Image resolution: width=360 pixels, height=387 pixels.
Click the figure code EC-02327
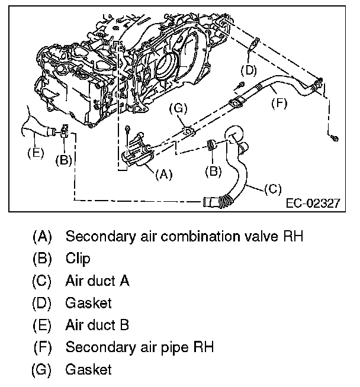312,203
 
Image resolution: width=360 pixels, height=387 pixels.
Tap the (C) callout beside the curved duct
271,189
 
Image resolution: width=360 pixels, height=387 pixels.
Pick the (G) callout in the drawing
178,108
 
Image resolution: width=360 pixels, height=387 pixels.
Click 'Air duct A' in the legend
97,280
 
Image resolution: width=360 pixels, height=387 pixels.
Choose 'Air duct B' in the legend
97,325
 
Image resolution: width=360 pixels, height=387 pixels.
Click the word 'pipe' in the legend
177,347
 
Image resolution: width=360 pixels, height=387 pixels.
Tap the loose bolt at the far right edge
335,138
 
